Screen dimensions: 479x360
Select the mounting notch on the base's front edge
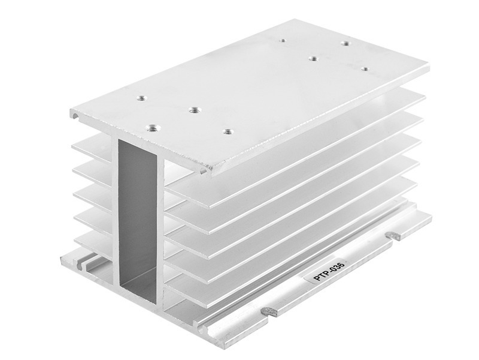(269, 312)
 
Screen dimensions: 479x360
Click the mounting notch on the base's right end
(393, 235)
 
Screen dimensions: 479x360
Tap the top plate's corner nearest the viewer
(212, 175)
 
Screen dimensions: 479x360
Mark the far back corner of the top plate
(294, 19)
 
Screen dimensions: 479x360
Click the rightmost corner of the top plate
(429, 65)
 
